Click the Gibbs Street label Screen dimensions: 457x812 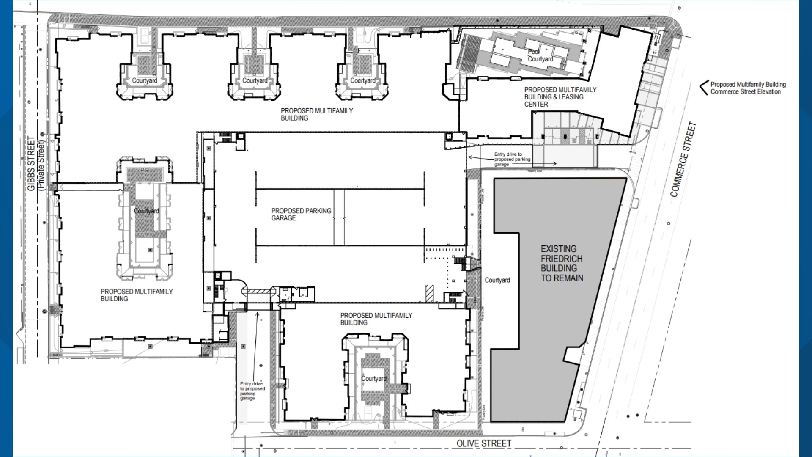(x=31, y=164)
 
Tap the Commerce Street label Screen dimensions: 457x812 (x=683, y=159)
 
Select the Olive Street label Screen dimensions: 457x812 (x=484, y=443)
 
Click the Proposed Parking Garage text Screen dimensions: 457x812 (x=301, y=214)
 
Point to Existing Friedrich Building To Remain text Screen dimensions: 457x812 (x=562, y=263)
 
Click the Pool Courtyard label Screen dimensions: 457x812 (x=540, y=55)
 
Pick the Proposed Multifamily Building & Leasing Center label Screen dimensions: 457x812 (x=560, y=97)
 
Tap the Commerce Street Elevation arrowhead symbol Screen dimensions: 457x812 (x=703, y=88)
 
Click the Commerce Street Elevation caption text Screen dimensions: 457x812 (x=748, y=88)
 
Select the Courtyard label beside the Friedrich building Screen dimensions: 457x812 (x=497, y=280)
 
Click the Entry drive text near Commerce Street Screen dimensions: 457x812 (x=512, y=159)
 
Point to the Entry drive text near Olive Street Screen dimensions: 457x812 (x=252, y=391)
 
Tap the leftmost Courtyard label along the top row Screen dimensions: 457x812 (x=144, y=80)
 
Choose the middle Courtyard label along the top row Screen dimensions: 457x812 (x=255, y=80)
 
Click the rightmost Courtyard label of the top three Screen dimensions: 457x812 (x=362, y=80)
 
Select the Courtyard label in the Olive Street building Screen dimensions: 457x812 (x=373, y=378)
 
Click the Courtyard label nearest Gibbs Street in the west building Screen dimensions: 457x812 (x=146, y=211)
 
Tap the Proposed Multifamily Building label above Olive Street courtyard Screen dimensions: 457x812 (x=376, y=319)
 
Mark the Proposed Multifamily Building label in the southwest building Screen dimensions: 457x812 (x=136, y=295)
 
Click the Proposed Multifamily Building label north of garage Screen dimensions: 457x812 (x=316, y=114)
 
